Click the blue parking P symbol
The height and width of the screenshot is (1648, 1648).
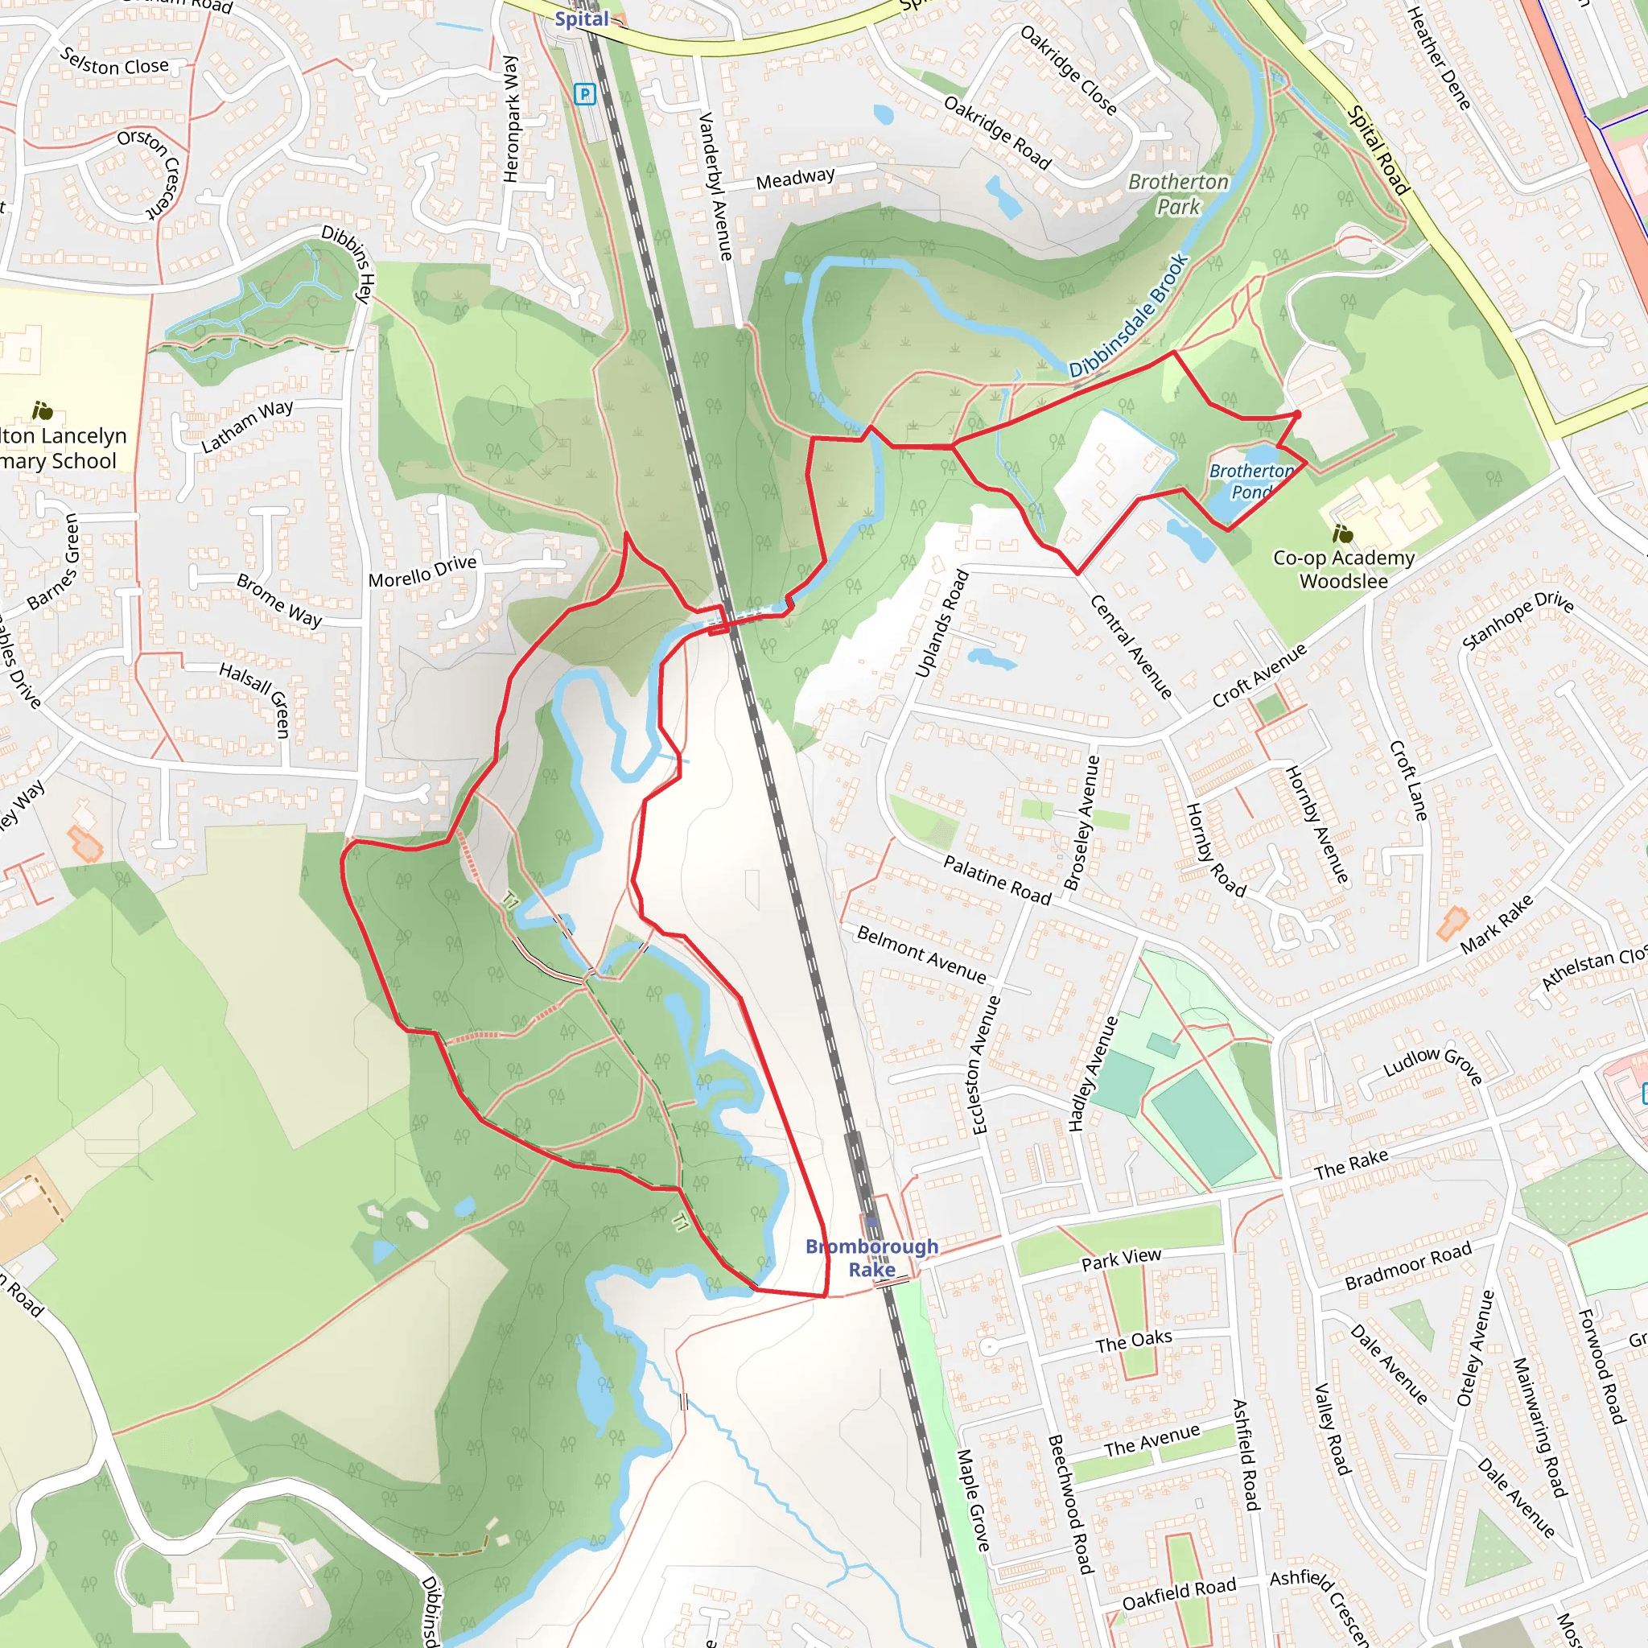pos(584,94)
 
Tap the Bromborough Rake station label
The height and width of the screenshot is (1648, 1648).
pos(871,1258)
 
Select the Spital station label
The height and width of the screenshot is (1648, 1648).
pos(582,19)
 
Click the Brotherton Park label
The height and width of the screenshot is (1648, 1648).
pos(1178,194)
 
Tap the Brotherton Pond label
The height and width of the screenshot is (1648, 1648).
pos(1250,481)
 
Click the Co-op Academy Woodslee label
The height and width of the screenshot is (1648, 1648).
pos(1344,569)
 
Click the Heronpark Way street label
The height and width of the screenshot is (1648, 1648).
pos(511,118)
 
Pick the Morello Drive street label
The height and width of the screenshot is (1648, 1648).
pos(422,571)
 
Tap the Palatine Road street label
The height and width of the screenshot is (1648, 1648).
pos(997,880)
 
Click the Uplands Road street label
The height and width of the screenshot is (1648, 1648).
pos(941,624)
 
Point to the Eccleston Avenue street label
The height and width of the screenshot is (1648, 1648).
pos(983,1064)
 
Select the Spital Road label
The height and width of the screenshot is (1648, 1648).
pos(1377,150)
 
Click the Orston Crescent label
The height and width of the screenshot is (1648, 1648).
pos(150,173)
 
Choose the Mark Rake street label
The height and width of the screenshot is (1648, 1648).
pos(1496,924)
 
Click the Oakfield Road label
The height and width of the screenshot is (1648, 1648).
pos(1178,1594)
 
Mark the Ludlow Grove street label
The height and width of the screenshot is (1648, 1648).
pos(1432,1065)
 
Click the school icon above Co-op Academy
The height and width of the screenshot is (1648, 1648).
pos(1341,534)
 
